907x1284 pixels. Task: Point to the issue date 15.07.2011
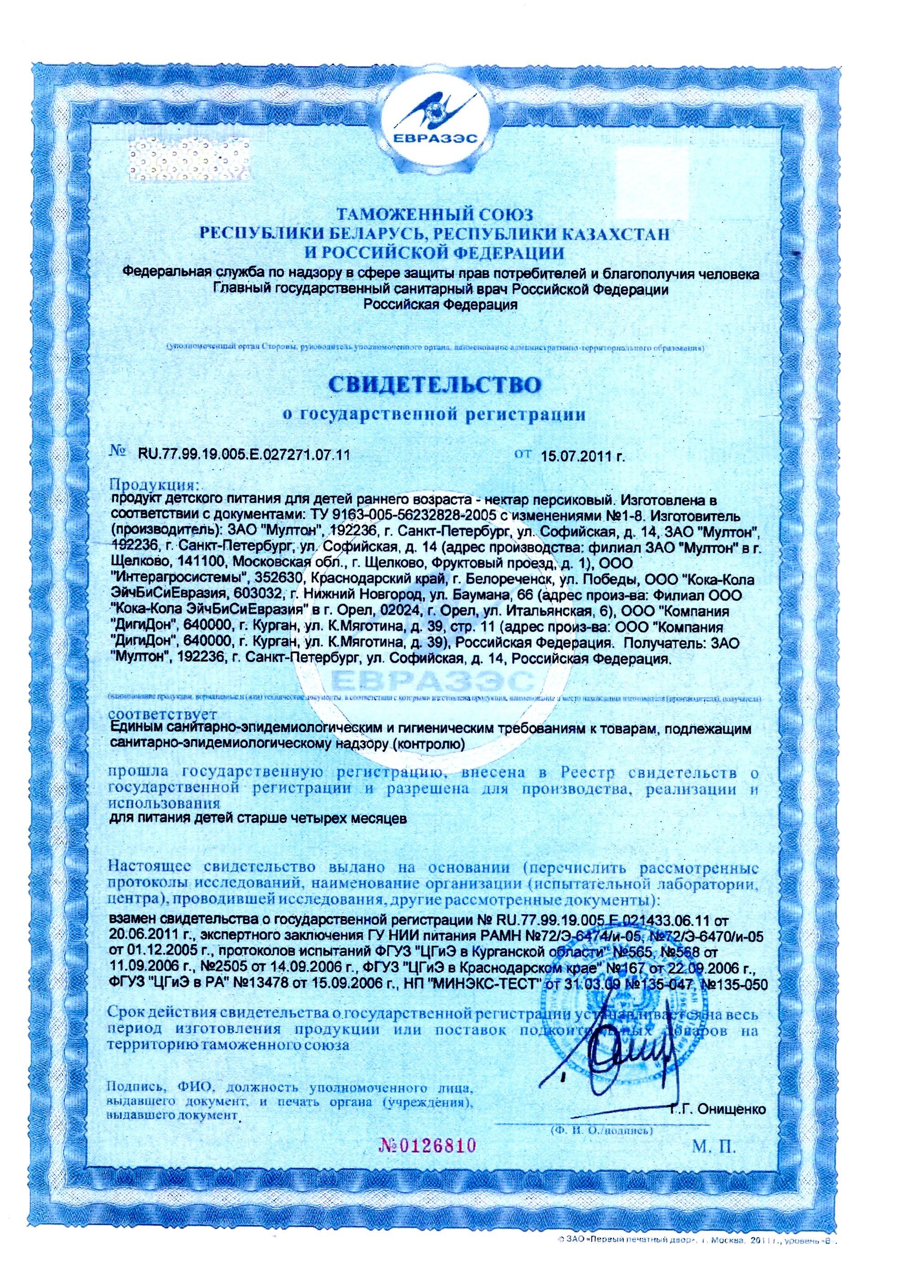pos(582,455)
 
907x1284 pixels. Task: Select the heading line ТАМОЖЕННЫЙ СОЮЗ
pos(434,214)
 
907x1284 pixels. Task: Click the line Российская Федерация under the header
pos(440,304)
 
